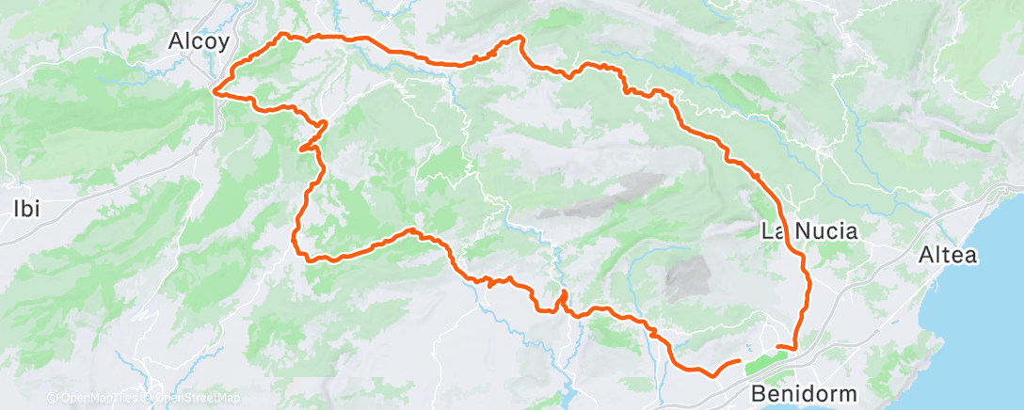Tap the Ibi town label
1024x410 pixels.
coord(25,209)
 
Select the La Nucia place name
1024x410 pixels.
coord(808,231)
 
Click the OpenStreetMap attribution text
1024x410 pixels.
coord(195,399)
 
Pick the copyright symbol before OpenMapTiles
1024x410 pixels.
coord(53,399)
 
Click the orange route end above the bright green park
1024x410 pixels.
coord(778,347)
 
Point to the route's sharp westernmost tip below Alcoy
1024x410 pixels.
coord(216,92)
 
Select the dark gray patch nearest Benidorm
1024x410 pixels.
coord(689,277)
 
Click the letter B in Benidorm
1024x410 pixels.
coord(759,393)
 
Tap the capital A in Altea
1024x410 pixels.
coord(926,255)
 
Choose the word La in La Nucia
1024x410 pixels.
coord(770,231)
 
